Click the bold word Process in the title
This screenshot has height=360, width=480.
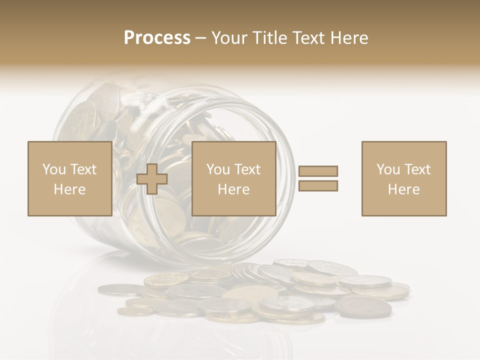pos(157,38)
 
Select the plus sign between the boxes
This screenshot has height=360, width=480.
pos(152,179)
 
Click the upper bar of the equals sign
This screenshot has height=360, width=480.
pos(318,171)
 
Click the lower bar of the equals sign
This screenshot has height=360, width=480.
pos(318,186)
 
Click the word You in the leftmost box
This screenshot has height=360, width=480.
pos(54,169)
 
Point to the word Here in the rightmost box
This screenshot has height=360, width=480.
pos(404,189)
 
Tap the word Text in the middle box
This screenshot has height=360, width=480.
pos(247,169)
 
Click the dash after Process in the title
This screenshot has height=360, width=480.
pos(201,38)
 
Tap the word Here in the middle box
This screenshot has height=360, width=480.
pos(233,189)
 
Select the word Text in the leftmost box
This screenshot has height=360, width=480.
pos(83,169)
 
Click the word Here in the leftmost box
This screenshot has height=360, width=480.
pos(69,189)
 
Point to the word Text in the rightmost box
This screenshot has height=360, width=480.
pos(417,169)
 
